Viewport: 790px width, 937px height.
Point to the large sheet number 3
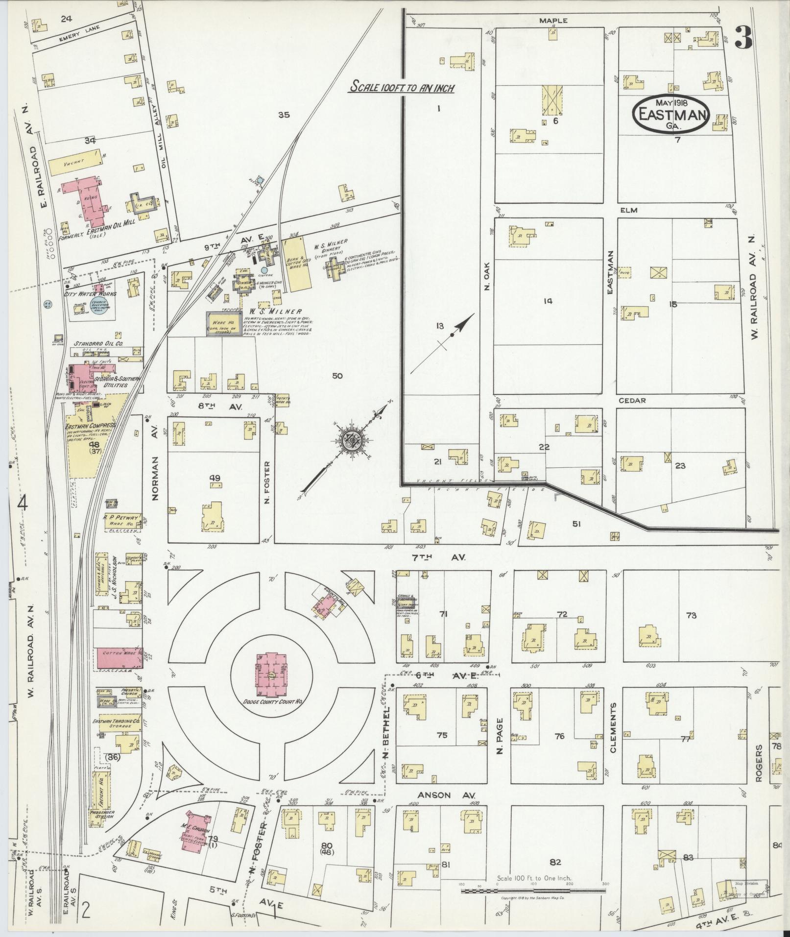(x=743, y=37)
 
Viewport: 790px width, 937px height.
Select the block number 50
(x=337, y=376)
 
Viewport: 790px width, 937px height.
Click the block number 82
(x=554, y=821)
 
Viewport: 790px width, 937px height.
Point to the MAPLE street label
(x=553, y=21)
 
